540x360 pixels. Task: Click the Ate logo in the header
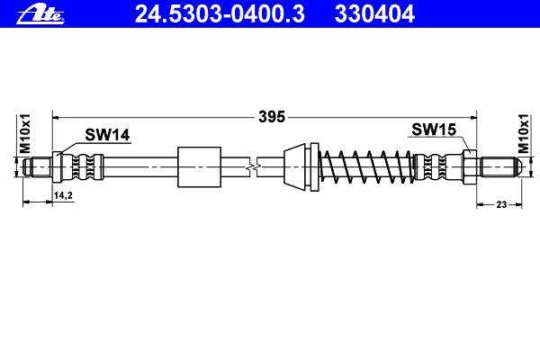[x=40, y=15]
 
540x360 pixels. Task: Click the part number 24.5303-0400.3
[x=220, y=14]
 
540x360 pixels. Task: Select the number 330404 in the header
[x=374, y=14]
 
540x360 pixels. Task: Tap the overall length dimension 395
[x=272, y=117]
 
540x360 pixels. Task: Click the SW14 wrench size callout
[x=107, y=135]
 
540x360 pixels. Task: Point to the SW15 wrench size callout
[x=434, y=130]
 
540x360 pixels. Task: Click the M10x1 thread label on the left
[x=25, y=134]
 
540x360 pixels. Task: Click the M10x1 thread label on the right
[x=523, y=134]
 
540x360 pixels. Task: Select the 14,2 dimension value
[x=63, y=195]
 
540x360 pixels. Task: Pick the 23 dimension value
[x=501, y=204]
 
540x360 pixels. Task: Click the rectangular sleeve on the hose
[x=199, y=167]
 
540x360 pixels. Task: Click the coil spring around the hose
[x=367, y=166]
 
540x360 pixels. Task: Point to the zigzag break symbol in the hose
[x=253, y=167]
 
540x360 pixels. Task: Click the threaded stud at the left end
[x=37, y=167]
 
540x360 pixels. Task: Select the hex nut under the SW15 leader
[x=470, y=167]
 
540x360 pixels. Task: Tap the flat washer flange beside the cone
[x=314, y=166]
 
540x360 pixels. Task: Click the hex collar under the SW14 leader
[x=57, y=167]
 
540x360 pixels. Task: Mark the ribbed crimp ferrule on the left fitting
[x=83, y=167]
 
